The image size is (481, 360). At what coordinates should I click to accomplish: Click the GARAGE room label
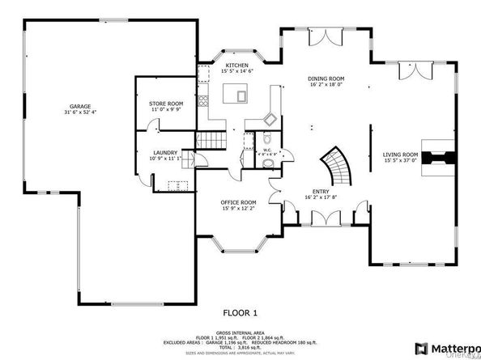tap(79, 106)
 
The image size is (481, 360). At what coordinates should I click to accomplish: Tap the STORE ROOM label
tap(166, 104)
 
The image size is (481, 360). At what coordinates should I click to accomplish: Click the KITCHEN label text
tap(236, 65)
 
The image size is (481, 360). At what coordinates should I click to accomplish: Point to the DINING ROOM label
tap(326, 79)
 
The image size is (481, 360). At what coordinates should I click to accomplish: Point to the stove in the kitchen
tap(272, 119)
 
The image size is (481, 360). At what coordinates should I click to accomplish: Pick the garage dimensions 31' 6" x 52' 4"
tap(79, 112)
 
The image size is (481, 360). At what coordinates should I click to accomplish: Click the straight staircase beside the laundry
tap(211, 143)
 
